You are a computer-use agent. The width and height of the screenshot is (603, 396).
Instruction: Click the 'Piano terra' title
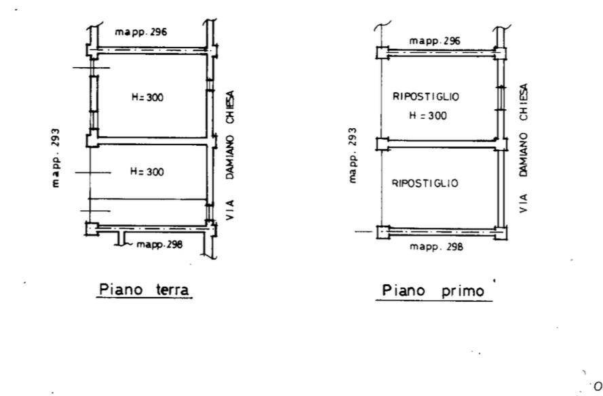pyautogui.click(x=144, y=290)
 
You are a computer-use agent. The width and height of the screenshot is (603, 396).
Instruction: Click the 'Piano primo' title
pyautogui.click(x=433, y=291)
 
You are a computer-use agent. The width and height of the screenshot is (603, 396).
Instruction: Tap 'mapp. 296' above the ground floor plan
pyautogui.click(x=141, y=32)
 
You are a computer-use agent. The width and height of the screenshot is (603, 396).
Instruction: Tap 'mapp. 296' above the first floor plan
pyautogui.click(x=435, y=41)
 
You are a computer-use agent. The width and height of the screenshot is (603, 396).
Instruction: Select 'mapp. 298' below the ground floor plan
pyautogui.click(x=159, y=245)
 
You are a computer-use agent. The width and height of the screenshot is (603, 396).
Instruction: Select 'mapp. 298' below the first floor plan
pyautogui.click(x=437, y=246)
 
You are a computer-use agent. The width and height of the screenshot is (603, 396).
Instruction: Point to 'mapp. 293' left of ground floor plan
pyautogui.click(x=56, y=157)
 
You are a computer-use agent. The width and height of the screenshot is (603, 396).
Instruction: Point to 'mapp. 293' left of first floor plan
pyautogui.click(x=352, y=155)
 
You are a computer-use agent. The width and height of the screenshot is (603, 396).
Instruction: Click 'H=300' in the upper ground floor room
pyautogui.click(x=147, y=97)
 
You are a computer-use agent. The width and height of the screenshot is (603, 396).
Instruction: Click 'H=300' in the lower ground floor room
pyautogui.click(x=147, y=172)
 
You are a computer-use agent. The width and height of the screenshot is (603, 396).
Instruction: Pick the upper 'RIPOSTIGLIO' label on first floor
pyautogui.click(x=426, y=96)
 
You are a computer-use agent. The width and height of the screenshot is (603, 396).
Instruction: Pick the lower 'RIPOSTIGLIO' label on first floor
pyautogui.click(x=425, y=183)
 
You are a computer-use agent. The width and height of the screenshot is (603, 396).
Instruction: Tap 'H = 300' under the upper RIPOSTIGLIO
pyautogui.click(x=427, y=115)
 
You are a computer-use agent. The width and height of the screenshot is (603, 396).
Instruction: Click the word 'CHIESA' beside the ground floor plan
pyautogui.click(x=230, y=107)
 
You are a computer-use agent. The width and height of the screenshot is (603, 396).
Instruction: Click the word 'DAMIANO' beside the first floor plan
pyautogui.click(x=524, y=155)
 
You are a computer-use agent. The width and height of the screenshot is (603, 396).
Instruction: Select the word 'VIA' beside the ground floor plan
pyautogui.click(x=229, y=210)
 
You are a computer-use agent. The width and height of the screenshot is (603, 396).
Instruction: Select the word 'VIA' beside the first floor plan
pyautogui.click(x=524, y=203)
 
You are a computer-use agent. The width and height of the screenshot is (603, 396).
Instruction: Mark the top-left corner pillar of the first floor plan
pyautogui.click(x=383, y=53)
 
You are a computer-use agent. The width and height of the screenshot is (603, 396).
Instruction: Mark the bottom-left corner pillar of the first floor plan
pyautogui.click(x=383, y=233)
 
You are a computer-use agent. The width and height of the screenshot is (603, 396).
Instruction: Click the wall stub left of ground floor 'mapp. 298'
pyautogui.click(x=121, y=239)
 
